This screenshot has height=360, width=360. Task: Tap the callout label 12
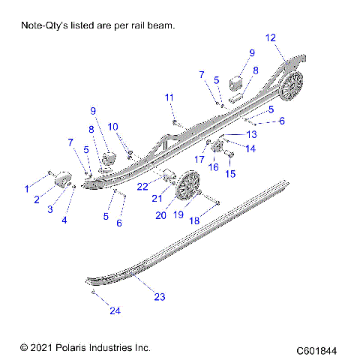tap(271, 37)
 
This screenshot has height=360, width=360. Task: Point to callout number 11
tap(169, 97)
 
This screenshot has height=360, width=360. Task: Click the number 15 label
tap(230, 174)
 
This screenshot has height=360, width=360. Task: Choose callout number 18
tap(196, 221)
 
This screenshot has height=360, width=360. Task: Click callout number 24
tap(94, 310)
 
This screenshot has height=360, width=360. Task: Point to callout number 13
tap(250, 133)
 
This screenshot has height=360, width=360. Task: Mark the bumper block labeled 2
tap(62, 181)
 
